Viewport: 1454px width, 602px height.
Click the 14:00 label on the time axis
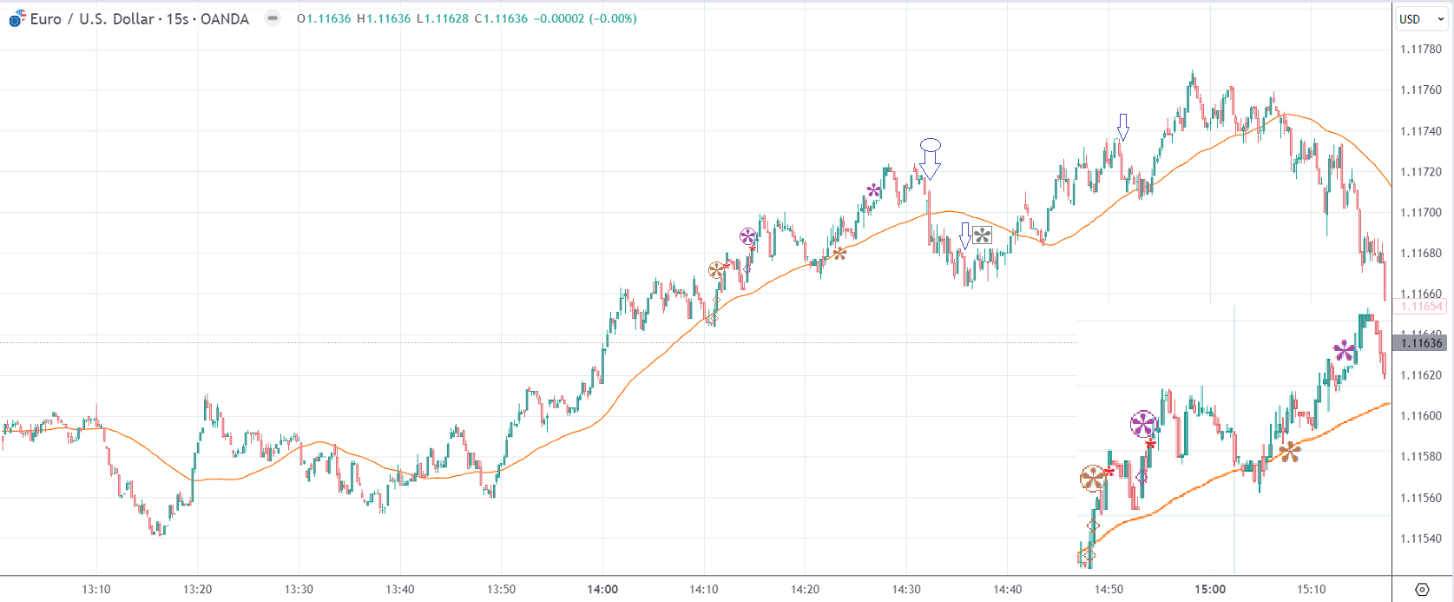(602, 589)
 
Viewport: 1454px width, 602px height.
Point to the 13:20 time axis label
(198, 589)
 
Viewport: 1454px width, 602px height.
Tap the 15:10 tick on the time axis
(1311, 589)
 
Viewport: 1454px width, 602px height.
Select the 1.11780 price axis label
(1420, 50)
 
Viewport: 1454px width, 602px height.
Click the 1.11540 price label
(1420, 539)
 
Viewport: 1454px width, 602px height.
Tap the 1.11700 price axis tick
(1420, 213)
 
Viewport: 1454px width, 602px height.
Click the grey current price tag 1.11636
(1421, 343)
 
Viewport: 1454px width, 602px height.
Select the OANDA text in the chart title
(224, 19)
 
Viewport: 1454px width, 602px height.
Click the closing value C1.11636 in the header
(501, 18)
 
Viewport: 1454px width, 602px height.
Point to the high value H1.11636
(384, 18)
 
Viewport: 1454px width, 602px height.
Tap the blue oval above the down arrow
(931, 145)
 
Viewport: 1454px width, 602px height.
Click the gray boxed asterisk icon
(982, 235)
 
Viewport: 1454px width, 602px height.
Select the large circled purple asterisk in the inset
(1143, 425)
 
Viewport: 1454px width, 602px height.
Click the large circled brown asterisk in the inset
(1093, 478)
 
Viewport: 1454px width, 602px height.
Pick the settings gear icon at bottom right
(1422, 589)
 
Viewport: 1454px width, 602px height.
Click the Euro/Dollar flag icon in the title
(17, 18)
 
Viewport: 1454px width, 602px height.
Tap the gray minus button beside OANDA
(273, 18)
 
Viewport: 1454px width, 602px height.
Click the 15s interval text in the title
(177, 19)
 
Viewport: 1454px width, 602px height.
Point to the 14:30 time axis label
(906, 589)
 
